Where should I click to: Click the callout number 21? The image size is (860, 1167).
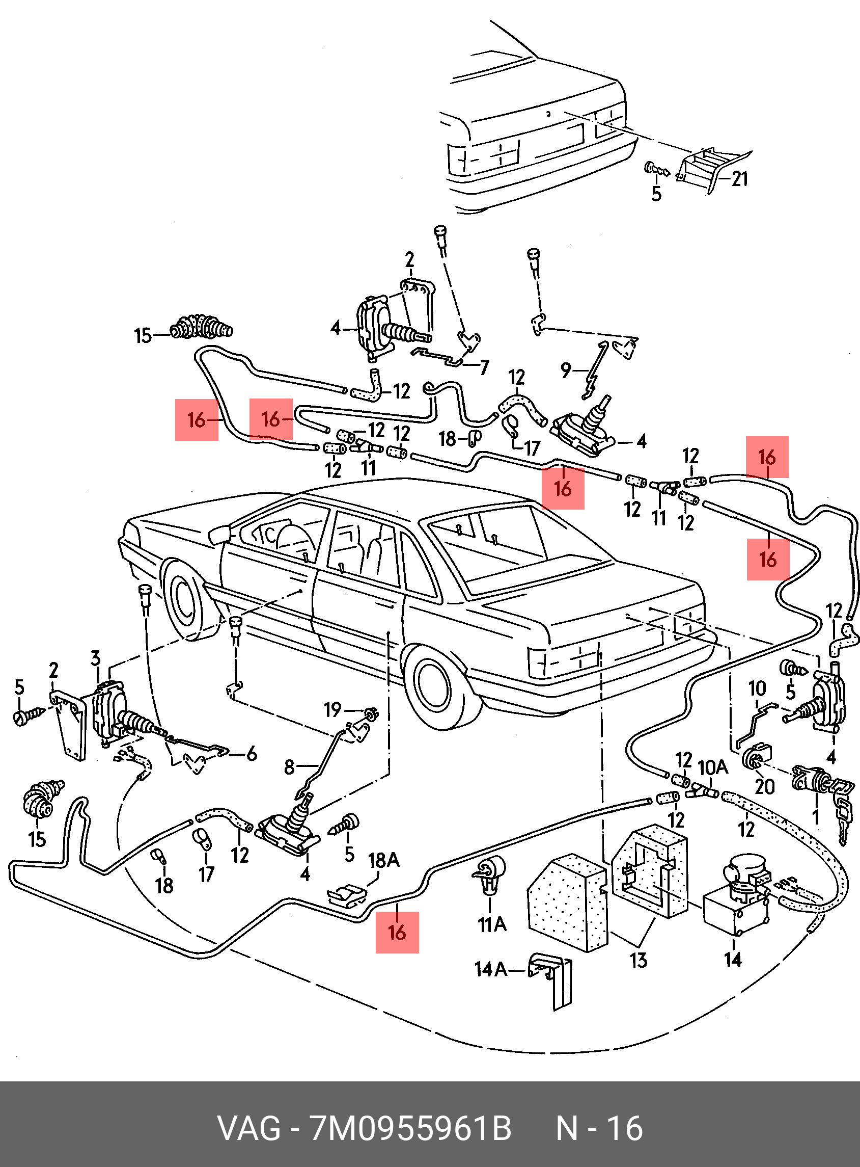tap(740, 179)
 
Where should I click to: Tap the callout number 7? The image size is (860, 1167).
tap(485, 367)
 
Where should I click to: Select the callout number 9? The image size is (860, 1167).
tap(566, 370)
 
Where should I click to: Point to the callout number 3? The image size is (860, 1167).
tap(95, 658)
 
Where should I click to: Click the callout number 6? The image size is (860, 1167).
tap(252, 753)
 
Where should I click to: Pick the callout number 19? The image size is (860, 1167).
tap(332, 709)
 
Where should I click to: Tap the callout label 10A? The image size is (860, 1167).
tap(713, 767)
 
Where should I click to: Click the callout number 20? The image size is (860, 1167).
tap(765, 787)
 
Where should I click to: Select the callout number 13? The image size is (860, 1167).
tap(638, 960)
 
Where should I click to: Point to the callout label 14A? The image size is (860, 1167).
tap(490, 969)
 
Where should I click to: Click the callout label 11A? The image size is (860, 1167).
tap(492, 924)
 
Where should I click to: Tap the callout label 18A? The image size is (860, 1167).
tap(384, 860)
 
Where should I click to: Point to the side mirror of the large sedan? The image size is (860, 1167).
tap(219, 535)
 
